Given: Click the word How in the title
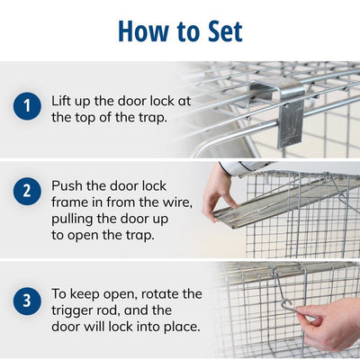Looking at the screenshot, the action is point(143,31).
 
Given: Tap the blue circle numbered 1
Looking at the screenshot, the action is point(27,106).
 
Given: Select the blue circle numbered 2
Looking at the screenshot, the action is point(27,191).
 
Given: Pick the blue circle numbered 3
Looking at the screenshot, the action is point(27,301).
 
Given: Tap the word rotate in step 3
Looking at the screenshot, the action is point(156,293).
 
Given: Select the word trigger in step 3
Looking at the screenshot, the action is point(71,310).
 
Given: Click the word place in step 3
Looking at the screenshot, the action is point(181,327).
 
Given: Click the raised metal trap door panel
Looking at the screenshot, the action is point(285,201).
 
